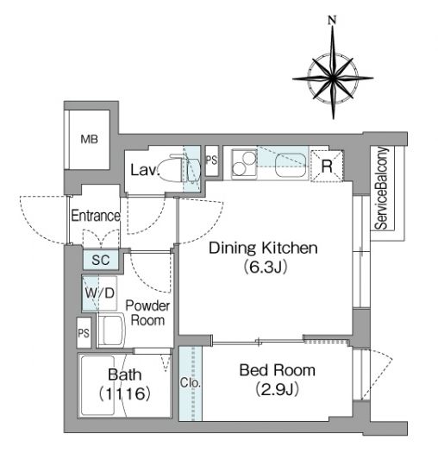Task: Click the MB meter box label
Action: click(x=89, y=139)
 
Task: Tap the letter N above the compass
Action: click(x=332, y=20)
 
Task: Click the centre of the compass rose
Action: click(x=333, y=78)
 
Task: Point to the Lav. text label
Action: click(x=145, y=170)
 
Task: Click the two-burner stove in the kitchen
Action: click(x=244, y=164)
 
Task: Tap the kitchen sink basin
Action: click(x=291, y=166)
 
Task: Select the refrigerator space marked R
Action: click(x=327, y=167)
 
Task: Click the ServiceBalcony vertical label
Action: click(x=382, y=188)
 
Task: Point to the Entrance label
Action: click(x=96, y=216)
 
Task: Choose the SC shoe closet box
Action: click(x=101, y=260)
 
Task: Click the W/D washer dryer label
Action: click(x=100, y=293)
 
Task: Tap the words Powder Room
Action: click(x=147, y=313)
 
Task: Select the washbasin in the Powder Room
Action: click(x=111, y=330)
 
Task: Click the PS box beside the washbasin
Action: click(x=84, y=333)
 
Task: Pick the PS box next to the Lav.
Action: click(x=211, y=160)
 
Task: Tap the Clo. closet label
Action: click(x=191, y=382)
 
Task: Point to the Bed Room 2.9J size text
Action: click(x=277, y=390)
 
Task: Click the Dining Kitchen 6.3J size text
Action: click(x=266, y=267)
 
